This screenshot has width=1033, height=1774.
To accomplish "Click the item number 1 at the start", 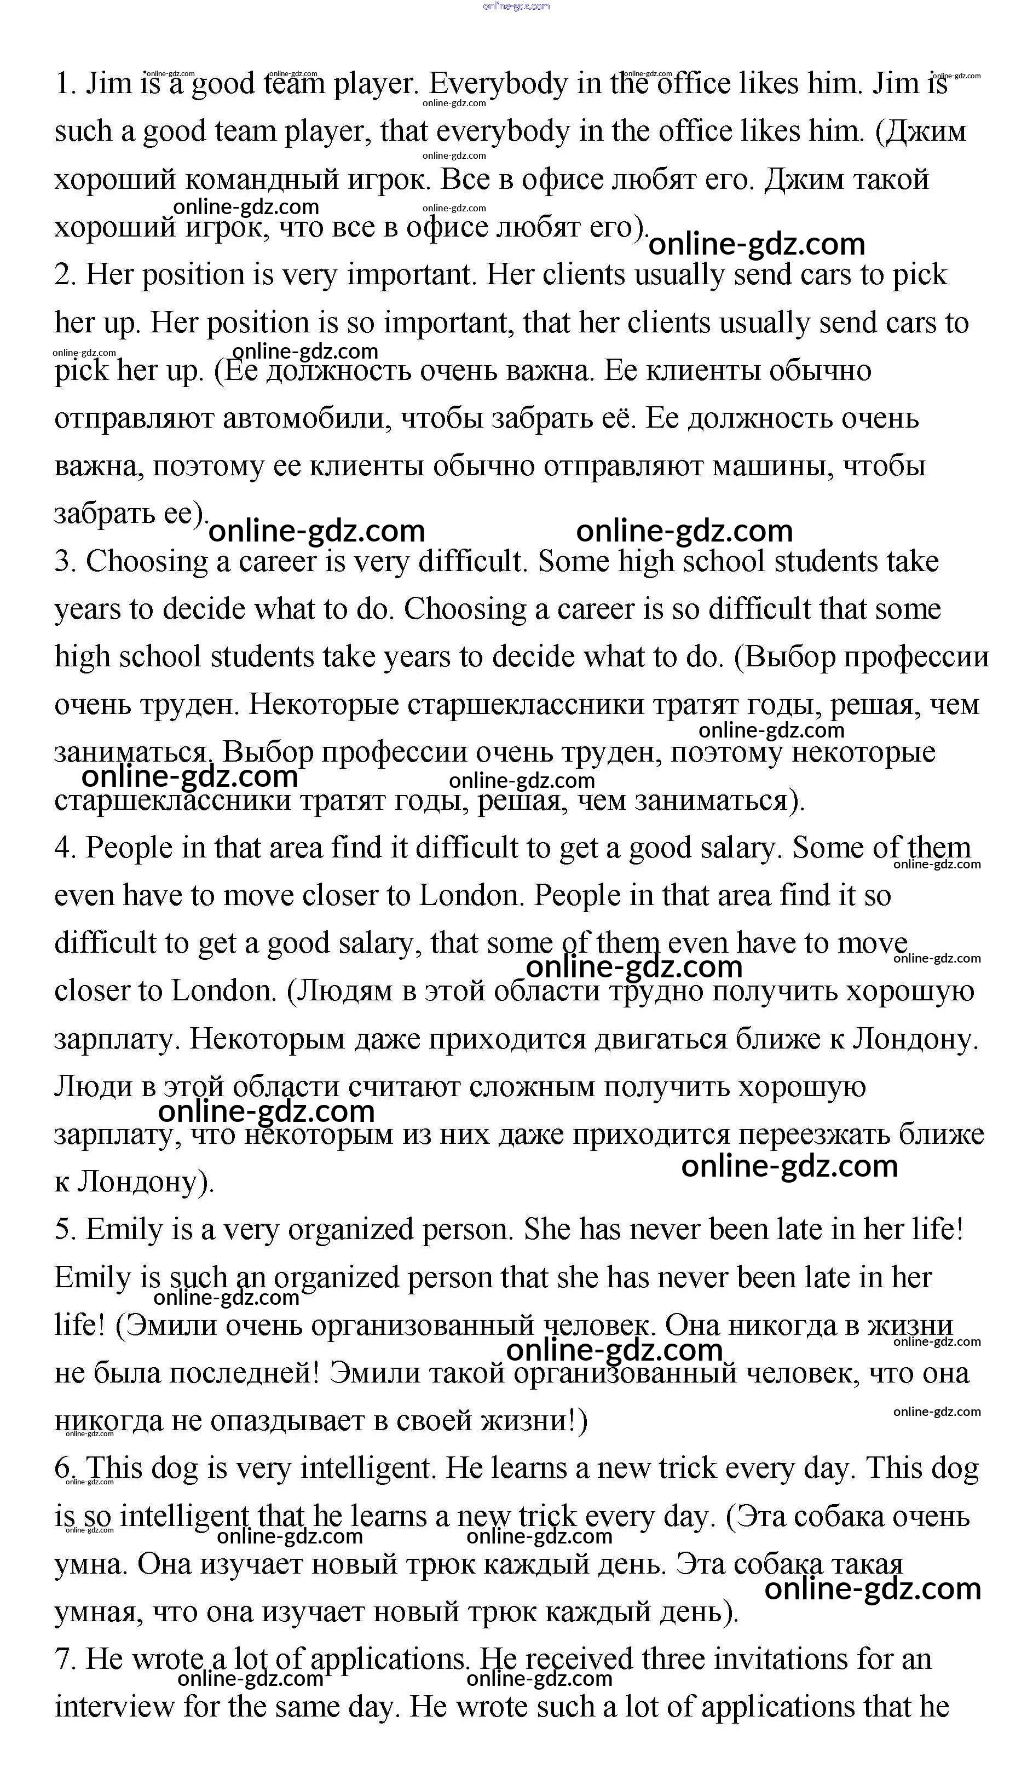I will coord(65,84).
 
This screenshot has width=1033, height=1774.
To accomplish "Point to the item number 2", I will coord(65,274).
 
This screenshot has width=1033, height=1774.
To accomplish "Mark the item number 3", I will coord(65,562).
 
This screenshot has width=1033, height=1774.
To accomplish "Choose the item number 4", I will coord(65,848).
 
